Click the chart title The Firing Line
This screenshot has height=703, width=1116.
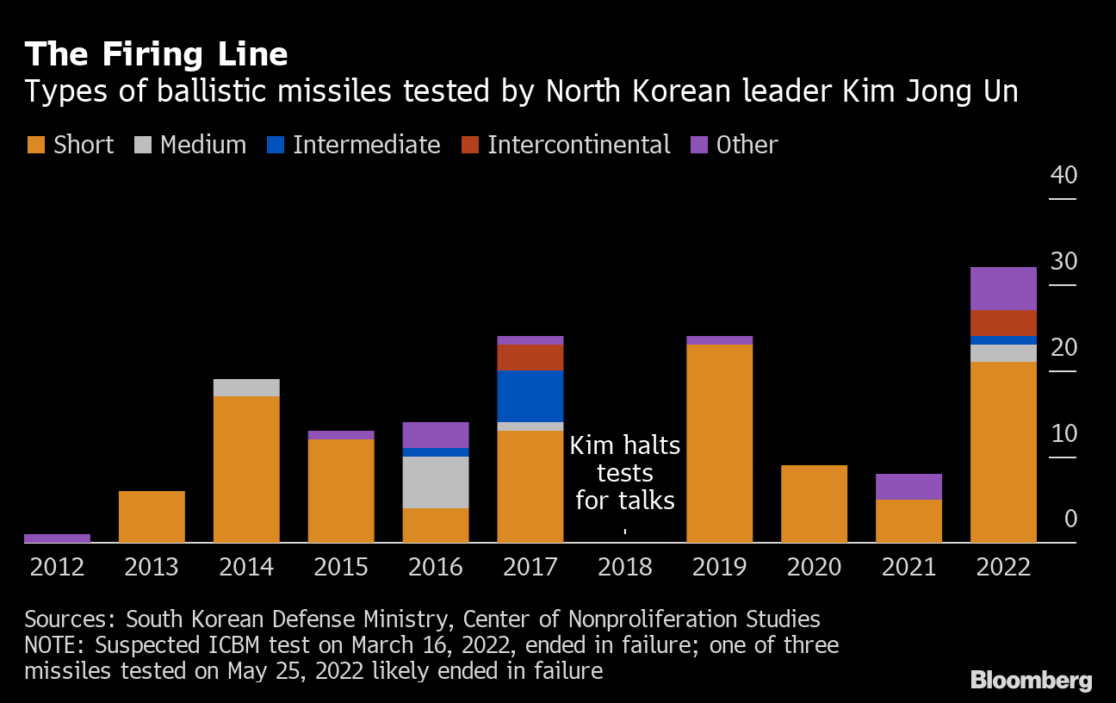tap(156, 54)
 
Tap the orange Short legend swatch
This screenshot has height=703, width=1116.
tap(35, 145)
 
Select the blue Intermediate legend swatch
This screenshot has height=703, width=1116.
tap(275, 145)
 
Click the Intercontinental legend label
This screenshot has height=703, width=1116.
tap(579, 145)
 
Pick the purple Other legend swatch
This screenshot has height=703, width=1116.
tap(699, 145)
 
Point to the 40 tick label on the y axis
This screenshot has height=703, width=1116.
tap(1063, 175)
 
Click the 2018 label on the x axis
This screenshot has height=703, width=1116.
tap(624, 567)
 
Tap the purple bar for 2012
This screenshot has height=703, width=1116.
tap(57, 538)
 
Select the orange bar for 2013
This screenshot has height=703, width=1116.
tap(152, 517)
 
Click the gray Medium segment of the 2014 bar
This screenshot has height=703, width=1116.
tap(246, 388)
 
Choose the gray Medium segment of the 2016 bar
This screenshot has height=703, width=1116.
tap(436, 482)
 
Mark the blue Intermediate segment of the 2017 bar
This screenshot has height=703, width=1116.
tap(530, 396)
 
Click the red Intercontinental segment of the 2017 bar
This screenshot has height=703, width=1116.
tap(530, 358)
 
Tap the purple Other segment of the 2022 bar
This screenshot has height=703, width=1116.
tap(1003, 289)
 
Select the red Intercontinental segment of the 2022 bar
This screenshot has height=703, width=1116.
tap(1003, 323)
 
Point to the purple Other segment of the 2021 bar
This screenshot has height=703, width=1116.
tap(908, 487)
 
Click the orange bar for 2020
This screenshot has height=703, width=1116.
tap(814, 504)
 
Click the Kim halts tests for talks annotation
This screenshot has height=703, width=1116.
tap(625, 473)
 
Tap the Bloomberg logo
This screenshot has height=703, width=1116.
tap(1031, 680)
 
